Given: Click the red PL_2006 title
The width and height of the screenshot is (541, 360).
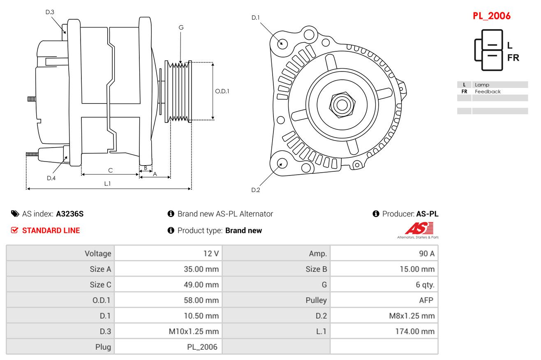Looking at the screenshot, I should point(491,16).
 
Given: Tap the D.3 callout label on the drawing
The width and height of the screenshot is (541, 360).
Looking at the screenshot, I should point(50,12).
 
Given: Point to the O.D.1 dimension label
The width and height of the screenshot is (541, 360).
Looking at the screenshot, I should point(222,91).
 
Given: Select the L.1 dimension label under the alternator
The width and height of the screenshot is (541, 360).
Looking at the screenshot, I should point(107,184).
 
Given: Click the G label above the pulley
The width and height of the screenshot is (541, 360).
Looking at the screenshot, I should point(181,28).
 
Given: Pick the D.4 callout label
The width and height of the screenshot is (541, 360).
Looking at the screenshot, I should point(51,178).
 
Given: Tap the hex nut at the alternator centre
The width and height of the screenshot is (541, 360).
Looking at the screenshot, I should point(341,104).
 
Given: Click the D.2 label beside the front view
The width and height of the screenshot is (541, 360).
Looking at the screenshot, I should point(256,190).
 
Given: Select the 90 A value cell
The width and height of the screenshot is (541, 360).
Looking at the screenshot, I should point(426,254).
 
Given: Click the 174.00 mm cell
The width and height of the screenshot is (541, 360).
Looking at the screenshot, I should point(415,332).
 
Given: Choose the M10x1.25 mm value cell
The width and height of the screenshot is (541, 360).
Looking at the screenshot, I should point(194,332).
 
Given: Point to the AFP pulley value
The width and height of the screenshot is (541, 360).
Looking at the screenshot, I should point(426,300).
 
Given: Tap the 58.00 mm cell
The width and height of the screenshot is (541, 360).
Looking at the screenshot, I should point(201,300).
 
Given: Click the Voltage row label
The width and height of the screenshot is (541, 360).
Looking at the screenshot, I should point(98,254).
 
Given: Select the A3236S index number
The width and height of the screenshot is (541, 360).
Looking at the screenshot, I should point(69,214).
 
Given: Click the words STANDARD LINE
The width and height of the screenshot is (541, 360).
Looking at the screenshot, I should point(51,231).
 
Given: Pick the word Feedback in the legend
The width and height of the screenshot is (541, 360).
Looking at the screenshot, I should point(488,92).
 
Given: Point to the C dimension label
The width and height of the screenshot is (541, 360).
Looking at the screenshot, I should point(110,170).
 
